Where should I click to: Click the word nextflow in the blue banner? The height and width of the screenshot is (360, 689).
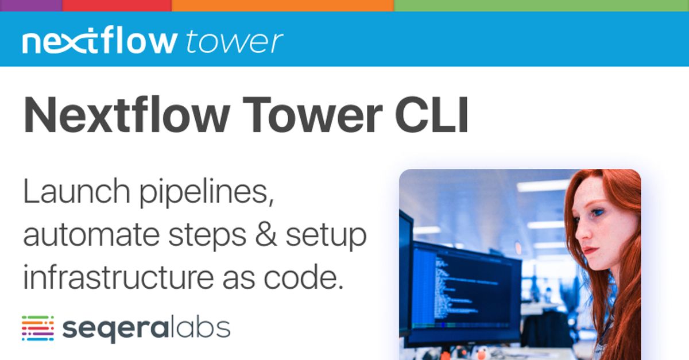[x=99, y=41]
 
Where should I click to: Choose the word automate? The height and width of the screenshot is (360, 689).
[x=85, y=236]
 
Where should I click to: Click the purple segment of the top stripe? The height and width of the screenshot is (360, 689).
[x=31, y=5]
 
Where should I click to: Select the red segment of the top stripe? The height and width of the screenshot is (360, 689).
[x=117, y=5]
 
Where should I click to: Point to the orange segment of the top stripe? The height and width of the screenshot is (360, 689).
[x=282, y=5]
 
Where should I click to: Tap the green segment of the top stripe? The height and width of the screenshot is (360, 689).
[x=541, y=5]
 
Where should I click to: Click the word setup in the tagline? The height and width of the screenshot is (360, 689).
[x=326, y=237]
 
